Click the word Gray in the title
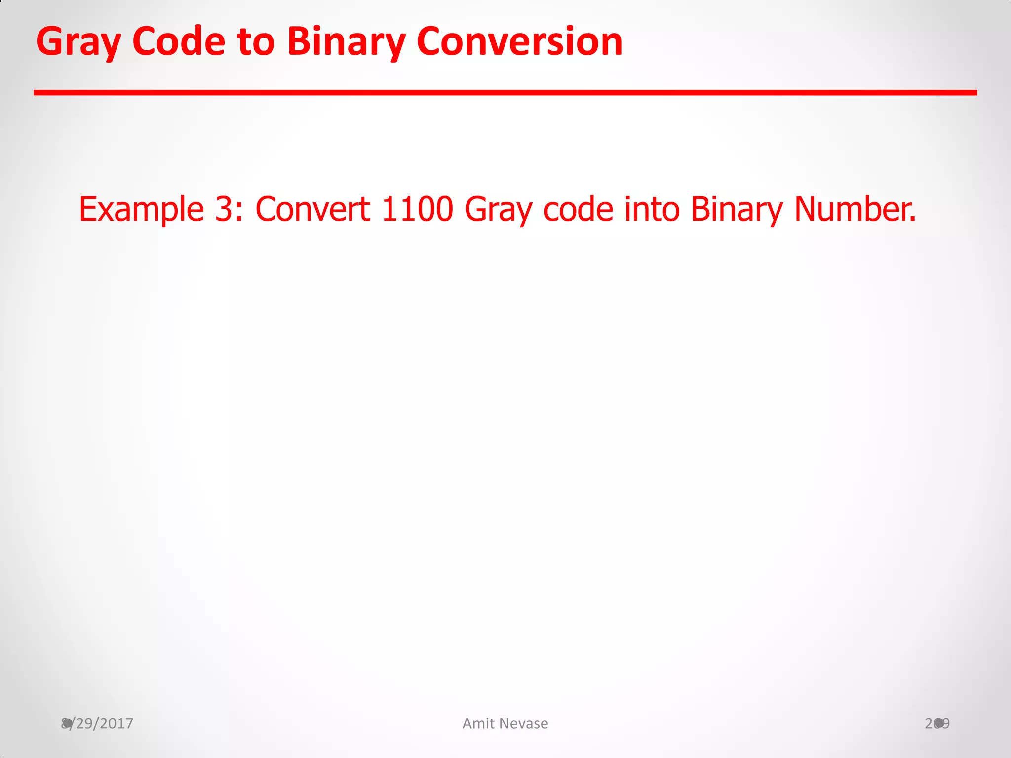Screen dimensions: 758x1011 point(78,42)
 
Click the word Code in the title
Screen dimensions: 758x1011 point(179,41)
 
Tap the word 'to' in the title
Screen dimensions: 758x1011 point(256,41)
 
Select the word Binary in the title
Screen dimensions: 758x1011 point(346,42)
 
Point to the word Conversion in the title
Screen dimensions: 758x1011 point(519,41)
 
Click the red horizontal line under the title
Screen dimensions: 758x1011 point(505,93)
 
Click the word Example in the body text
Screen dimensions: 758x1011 point(141,209)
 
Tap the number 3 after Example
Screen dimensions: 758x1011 point(224,209)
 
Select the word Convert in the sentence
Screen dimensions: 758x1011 point(312,209)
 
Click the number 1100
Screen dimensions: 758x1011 point(417,209)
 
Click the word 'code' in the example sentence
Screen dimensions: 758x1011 point(578,209)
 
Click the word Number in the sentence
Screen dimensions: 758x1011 point(854,209)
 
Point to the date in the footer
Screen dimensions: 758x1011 point(97,723)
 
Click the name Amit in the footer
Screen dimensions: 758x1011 point(478,723)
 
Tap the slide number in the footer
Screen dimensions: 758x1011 point(937,723)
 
